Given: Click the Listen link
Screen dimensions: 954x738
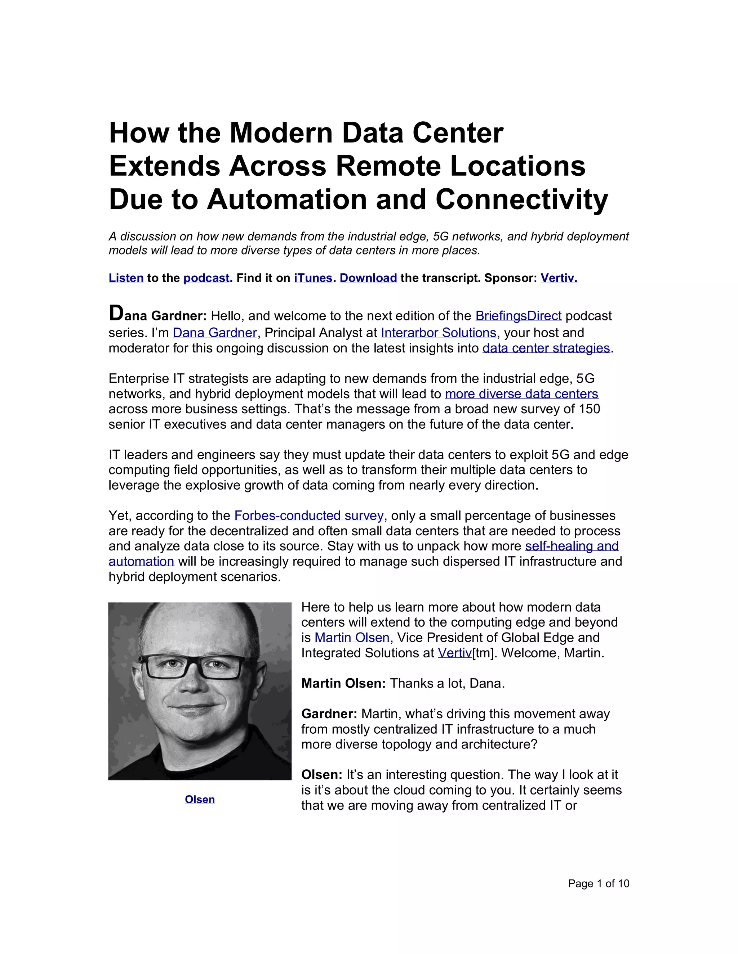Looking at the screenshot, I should [126, 278].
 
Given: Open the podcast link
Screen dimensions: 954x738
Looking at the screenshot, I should [206, 278].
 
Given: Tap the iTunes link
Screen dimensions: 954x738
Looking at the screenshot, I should [313, 278].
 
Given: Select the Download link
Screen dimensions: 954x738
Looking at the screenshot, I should [368, 278].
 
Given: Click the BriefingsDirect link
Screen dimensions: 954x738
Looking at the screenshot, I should [518, 316].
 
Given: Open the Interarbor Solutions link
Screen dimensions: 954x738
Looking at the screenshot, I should [439, 333].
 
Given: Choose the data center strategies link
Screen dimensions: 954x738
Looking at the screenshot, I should [546, 348].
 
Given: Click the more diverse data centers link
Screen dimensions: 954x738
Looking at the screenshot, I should [521, 394].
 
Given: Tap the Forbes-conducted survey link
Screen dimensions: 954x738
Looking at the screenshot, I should [309, 516].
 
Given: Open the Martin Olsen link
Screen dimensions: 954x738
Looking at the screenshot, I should [352, 638].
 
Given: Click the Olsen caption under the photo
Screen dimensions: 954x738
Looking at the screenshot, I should [200, 799].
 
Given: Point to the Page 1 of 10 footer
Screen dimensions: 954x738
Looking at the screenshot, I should [599, 884].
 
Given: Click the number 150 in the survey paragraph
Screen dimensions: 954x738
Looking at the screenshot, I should [589, 409].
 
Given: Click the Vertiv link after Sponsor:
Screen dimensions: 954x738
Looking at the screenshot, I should [559, 278].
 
